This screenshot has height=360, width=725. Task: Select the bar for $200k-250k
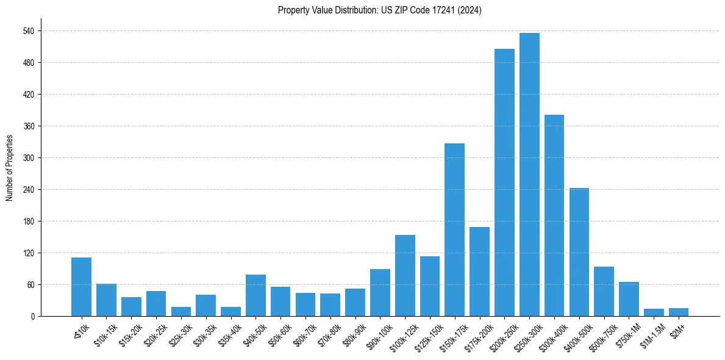(504, 182)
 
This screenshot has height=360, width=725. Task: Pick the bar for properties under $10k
(81, 287)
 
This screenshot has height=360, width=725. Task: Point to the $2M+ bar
(679, 312)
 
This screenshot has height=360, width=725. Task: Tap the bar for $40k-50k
(255, 295)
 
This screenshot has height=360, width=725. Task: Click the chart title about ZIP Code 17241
(380, 10)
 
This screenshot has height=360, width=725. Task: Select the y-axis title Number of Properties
(9, 168)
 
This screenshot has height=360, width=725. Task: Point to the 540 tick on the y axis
(29, 31)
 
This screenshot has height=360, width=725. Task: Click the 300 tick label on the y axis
(29, 158)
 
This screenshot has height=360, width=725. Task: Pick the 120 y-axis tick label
(29, 253)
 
